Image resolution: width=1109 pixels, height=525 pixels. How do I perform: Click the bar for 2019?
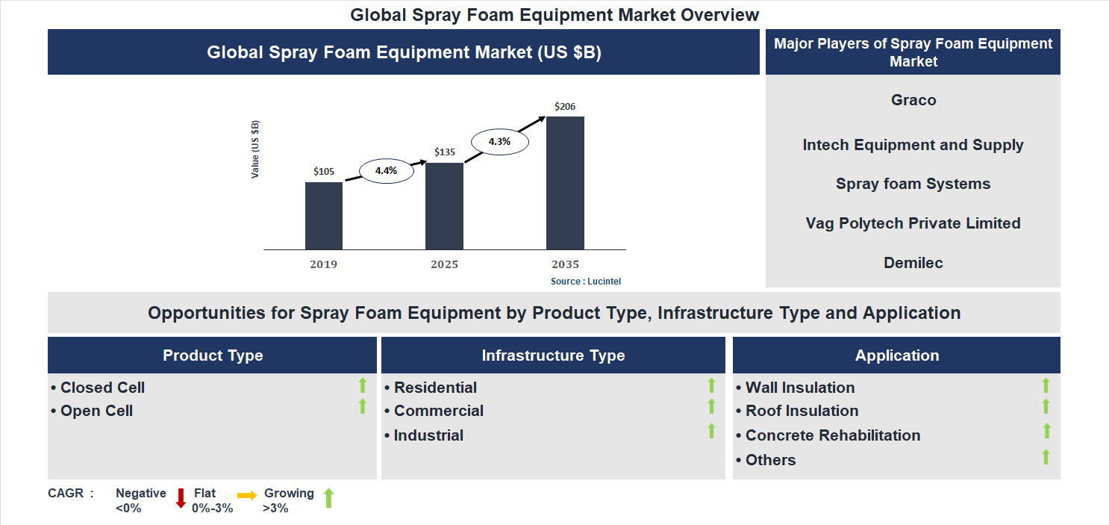coord(324,216)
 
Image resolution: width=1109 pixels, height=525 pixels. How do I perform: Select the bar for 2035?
coord(565,183)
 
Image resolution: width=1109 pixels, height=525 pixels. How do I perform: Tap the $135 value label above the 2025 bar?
coord(445,152)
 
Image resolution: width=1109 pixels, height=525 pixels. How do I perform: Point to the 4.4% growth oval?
coord(386,171)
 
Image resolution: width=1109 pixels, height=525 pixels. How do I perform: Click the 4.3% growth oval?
coord(499,141)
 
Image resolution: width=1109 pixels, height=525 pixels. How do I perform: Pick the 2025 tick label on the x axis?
coord(444,265)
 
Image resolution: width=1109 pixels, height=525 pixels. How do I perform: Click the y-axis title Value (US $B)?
coord(255,149)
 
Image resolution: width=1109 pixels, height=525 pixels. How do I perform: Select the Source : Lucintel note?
coord(586,282)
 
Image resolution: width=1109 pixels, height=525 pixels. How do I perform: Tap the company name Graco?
coord(913,100)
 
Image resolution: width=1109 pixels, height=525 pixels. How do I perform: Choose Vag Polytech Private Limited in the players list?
coord(913,223)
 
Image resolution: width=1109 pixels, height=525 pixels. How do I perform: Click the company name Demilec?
coord(913,263)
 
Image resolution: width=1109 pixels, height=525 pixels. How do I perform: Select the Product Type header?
coord(213,355)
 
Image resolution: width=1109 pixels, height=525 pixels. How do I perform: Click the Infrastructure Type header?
coord(553,355)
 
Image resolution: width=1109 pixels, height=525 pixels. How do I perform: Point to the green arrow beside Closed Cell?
coord(363,385)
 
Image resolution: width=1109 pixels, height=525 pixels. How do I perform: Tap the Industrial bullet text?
coord(428,435)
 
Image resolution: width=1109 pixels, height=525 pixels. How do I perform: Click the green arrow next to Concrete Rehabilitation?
coord(1046,431)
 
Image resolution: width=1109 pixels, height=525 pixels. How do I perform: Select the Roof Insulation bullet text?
coord(802,411)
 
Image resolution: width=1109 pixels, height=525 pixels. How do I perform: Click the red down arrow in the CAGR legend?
coord(181,498)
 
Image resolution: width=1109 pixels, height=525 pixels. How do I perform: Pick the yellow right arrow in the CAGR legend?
coord(247,495)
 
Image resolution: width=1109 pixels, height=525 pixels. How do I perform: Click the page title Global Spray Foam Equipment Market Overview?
coord(554,15)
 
